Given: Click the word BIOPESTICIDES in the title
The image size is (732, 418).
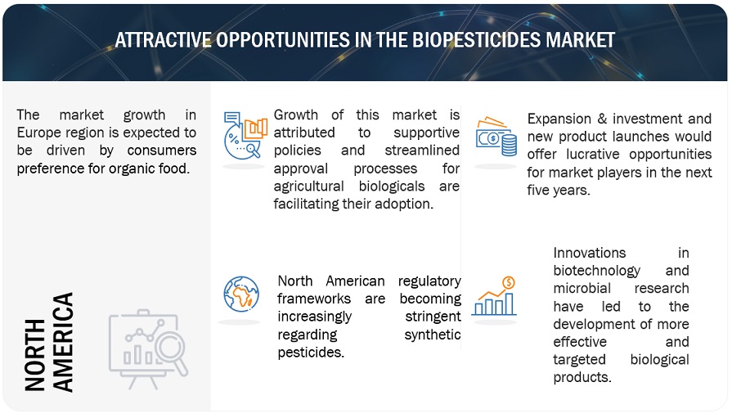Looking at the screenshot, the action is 476,40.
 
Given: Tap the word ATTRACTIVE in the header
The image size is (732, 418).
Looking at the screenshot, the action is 163,40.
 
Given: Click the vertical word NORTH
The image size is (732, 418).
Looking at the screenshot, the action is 35,355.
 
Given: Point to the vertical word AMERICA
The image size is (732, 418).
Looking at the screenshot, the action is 62,343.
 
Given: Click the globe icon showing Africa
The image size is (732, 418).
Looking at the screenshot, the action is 241,294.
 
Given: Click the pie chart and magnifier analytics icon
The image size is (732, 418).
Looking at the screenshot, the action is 245,136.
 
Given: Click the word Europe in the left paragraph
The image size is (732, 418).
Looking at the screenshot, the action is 39,133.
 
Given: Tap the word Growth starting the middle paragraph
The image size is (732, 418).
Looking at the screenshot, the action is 295,115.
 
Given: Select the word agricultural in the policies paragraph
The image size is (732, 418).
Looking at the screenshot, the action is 308,187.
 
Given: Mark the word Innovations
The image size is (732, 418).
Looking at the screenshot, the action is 589,253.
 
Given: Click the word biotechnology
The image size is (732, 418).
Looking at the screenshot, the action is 596,272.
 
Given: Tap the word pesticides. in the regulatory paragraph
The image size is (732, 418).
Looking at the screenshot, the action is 311,353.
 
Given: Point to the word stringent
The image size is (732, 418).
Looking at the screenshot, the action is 433,317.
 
